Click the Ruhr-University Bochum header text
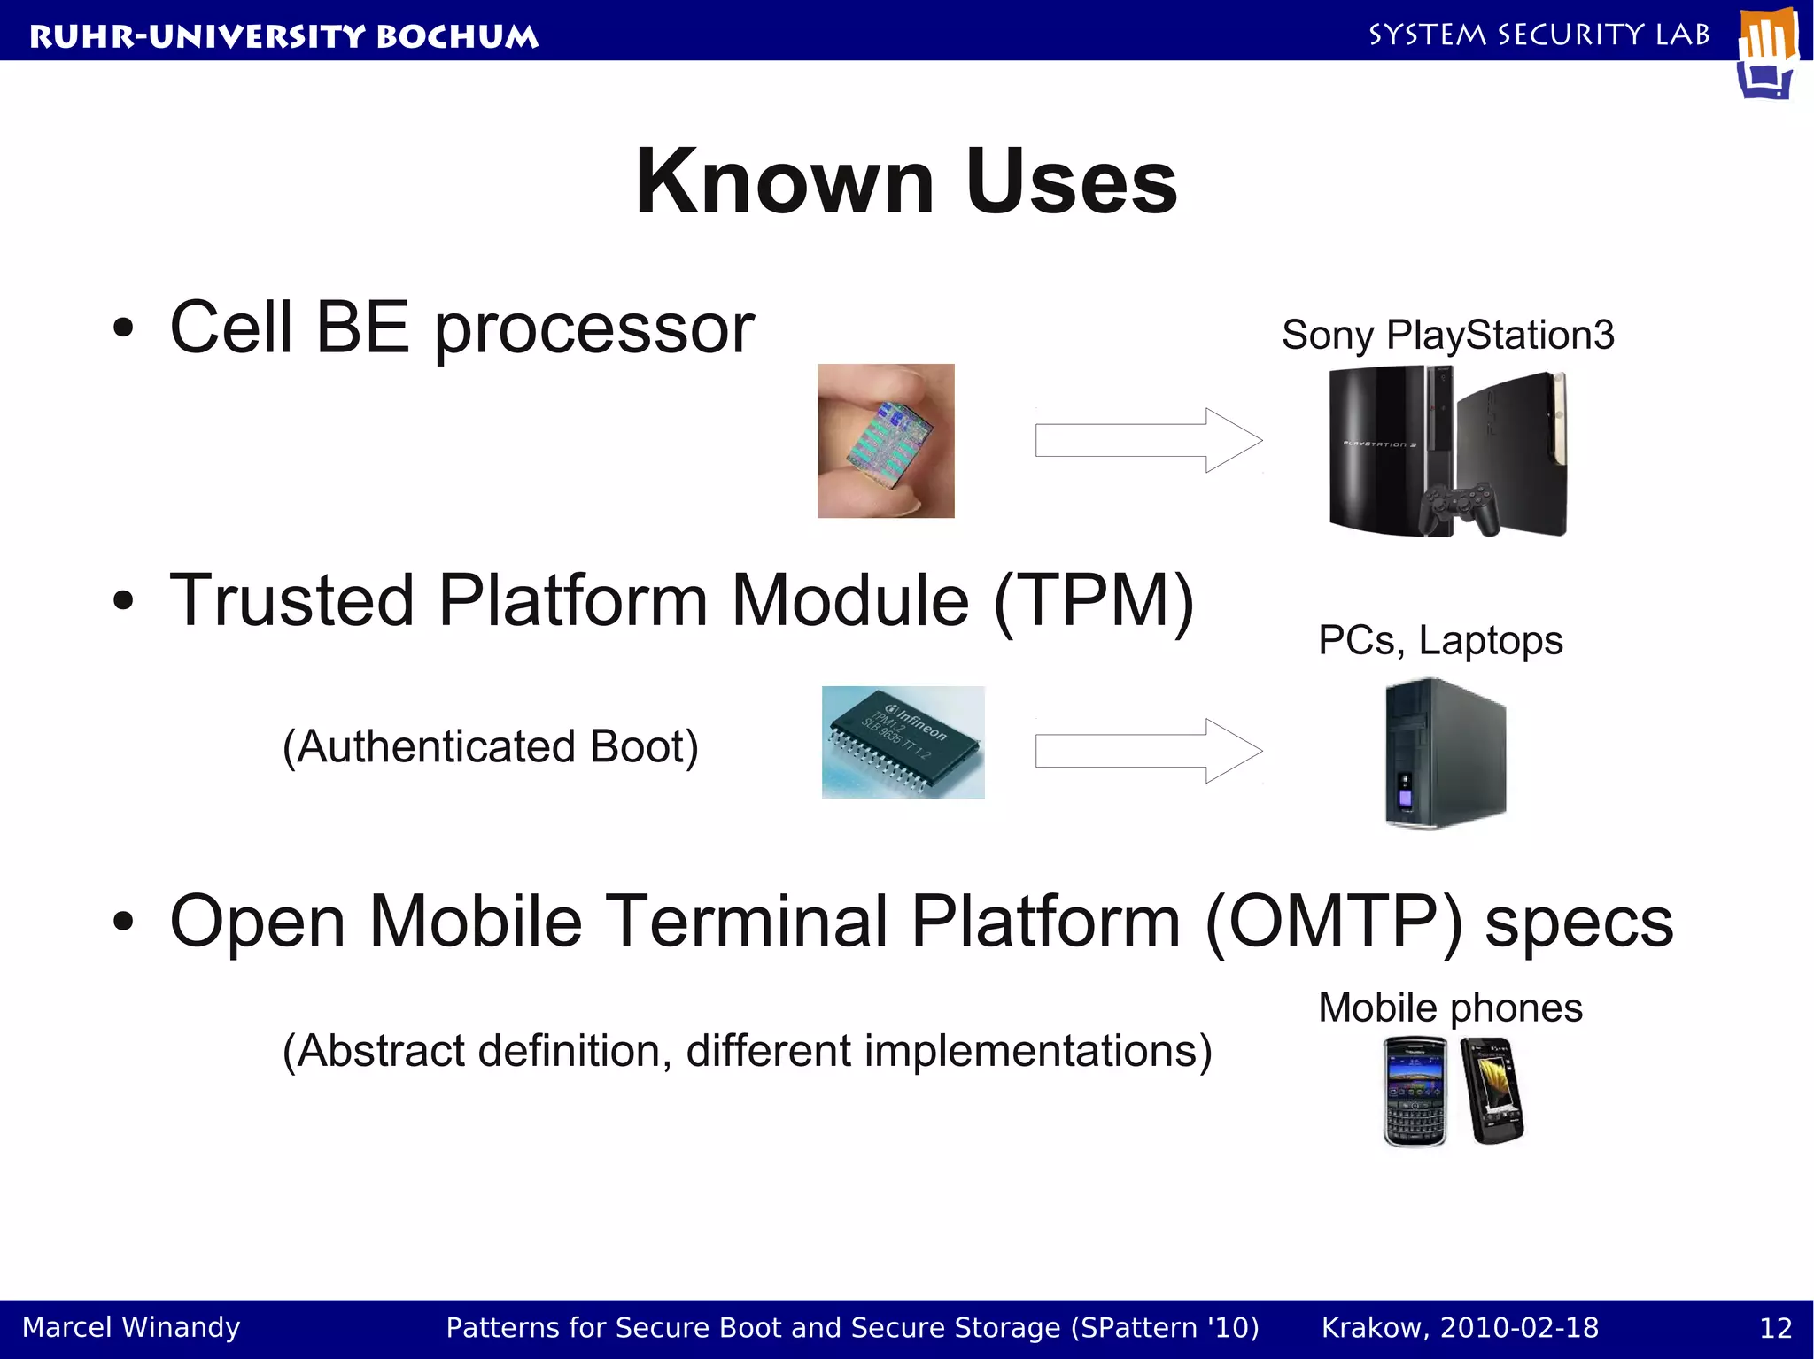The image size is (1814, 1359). (x=283, y=36)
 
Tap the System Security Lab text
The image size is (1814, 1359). (x=1539, y=35)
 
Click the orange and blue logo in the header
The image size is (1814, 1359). (x=1767, y=53)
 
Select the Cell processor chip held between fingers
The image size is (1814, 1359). (x=886, y=440)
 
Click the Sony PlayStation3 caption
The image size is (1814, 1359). (x=1447, y=336)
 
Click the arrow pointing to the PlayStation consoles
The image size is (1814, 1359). (x=1148, y=440)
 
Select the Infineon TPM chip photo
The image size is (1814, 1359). (x=903, y=742)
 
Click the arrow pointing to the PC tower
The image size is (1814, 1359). (x=1148, y=751)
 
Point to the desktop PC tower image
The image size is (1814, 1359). (x=1444, y=753)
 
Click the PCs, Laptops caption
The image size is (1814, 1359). (x=1440, y=640)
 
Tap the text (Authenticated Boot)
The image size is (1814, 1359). (x=490, y=746)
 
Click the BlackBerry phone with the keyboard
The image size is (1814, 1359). (x=1415, y=1092)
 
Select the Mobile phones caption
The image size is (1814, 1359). (x=1450, y=1008)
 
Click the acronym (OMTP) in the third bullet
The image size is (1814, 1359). (x=1334, y=922)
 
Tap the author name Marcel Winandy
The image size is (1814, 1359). (x=131, y=1327)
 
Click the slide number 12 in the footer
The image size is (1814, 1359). (x=1775, y=1328)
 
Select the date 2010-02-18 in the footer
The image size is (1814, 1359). (x=1519, y=1327)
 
